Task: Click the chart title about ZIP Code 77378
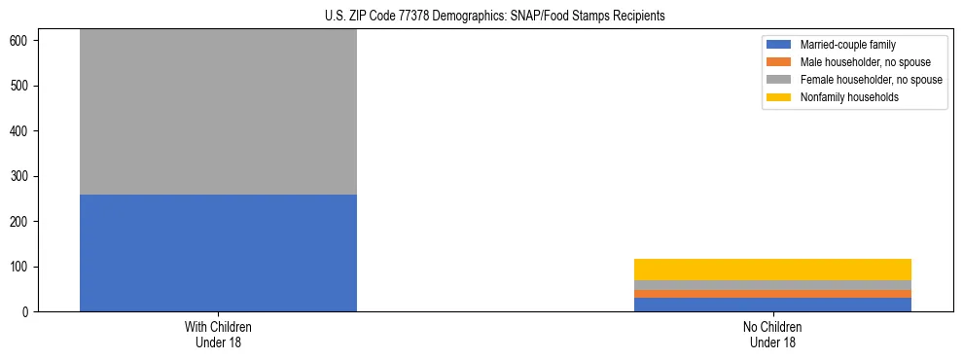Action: click(x=494, y=16)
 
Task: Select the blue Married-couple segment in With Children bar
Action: click(x=218, y=253)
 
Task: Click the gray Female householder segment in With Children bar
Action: click(x=218, y=112)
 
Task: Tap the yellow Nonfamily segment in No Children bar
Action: click(x=772, y=270)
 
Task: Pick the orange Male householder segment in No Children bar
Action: click(x=772, y=294)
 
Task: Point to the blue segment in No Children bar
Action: click(x=772, y=305)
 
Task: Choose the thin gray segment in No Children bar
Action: click(x=772, y=285)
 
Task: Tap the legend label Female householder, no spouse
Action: click(x=870, y=80)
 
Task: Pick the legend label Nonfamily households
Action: click(x=849, y=97)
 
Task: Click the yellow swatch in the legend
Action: click(x=779, y=97)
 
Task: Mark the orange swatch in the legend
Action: click(x=779, y=62)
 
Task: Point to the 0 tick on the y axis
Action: click(x=29, y=312)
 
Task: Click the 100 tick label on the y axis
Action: click(x=23, y=267)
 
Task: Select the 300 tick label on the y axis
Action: click(x=23, y=176)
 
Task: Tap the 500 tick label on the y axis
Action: click(x=23, y=86)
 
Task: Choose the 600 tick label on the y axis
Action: click(x=23, y=41)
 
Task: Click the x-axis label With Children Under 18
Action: click(x=218, y=335)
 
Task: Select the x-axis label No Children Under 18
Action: click(x=772, y=335)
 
